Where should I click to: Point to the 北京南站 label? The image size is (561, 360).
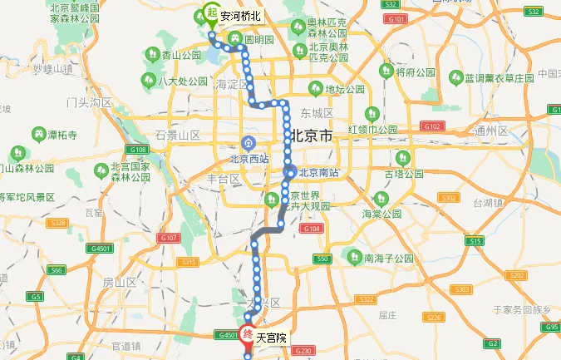318,172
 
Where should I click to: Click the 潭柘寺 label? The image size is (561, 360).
63,134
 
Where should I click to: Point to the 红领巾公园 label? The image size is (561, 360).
373,129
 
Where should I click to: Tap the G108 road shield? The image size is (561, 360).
138,150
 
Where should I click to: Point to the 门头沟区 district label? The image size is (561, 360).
89,102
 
